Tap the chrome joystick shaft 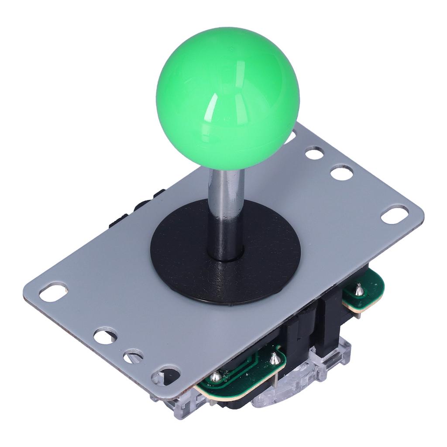pos(226,210)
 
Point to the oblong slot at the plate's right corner pos(395,214)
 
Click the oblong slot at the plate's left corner pos(53,292)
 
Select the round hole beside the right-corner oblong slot pos(341,173)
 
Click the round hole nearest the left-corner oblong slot pos(105,336)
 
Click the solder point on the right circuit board pos(359,289)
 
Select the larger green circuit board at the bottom pos(244,375)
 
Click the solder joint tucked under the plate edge pos(216,376)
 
